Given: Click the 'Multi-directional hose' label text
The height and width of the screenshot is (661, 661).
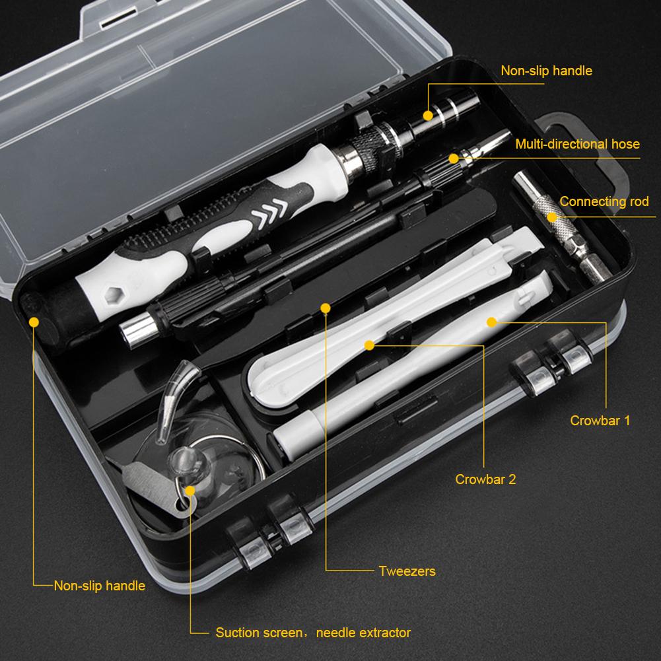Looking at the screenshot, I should (577, 144).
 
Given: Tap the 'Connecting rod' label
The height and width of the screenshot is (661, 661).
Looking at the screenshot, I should (604, 202).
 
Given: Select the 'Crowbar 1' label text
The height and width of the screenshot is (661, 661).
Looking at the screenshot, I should (600, 420).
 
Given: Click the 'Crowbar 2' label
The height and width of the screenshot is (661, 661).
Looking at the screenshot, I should (485, 479).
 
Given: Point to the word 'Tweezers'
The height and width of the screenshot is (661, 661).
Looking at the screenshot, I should (407, 571).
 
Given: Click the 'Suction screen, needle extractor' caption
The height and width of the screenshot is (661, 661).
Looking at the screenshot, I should (313, 633).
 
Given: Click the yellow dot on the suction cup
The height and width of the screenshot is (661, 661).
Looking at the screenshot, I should (190, 491).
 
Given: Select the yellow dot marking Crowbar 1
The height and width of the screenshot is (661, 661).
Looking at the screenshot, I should (491, 322).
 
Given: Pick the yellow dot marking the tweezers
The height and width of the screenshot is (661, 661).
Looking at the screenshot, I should (325, 308).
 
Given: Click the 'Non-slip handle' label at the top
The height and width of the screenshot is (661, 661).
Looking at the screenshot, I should (546, 71).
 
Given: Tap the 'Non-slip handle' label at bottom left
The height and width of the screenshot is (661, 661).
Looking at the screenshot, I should (99, 585).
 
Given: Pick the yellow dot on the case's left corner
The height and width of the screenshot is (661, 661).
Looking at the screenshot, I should (34, 322).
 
